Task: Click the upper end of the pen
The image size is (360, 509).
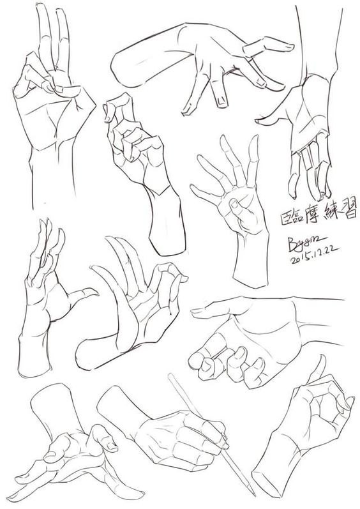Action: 171,377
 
